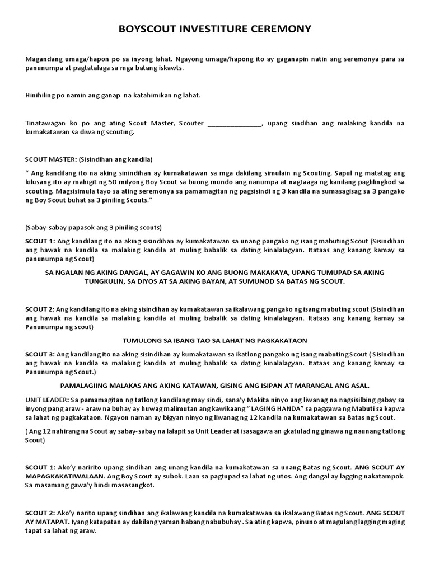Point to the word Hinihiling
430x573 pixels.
(x=41, y=95)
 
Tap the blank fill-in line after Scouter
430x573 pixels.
(x=234, y=123)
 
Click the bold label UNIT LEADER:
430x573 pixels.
(x=47, y=400)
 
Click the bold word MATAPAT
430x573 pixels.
(x=55, y=522)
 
